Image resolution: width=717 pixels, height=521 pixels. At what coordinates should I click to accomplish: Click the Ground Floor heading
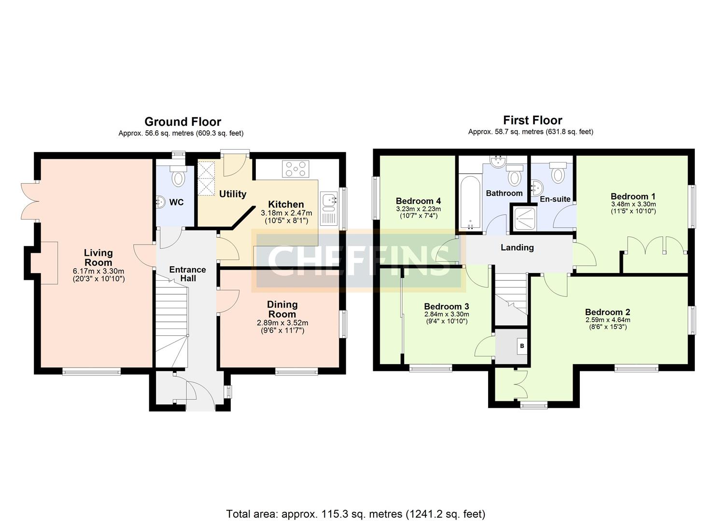(183, 122)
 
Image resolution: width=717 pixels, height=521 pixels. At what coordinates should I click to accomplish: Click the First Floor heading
(533, 120)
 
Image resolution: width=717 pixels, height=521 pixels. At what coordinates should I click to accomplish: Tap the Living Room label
(98, 258)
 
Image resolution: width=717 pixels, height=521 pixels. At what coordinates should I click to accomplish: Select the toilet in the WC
(178, 177)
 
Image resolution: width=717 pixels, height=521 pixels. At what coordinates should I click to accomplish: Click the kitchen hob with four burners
(295, 169)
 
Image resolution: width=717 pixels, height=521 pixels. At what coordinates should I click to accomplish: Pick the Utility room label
(233, 194)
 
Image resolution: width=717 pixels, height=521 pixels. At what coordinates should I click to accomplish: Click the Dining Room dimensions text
(282, 327)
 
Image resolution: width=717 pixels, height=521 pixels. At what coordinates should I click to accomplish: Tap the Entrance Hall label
(187, 274)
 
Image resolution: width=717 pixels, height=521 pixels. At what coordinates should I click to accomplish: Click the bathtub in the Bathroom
(469, 203)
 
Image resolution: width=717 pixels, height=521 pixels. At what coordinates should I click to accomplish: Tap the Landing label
(517, 247)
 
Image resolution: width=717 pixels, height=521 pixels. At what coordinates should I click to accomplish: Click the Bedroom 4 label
(418, 201)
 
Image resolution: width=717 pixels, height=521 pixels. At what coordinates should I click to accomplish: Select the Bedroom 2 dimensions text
(607, 323)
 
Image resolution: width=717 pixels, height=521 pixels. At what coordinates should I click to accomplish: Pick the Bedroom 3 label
(446, 306)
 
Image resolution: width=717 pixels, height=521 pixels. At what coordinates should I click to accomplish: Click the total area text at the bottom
(356, 514)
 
